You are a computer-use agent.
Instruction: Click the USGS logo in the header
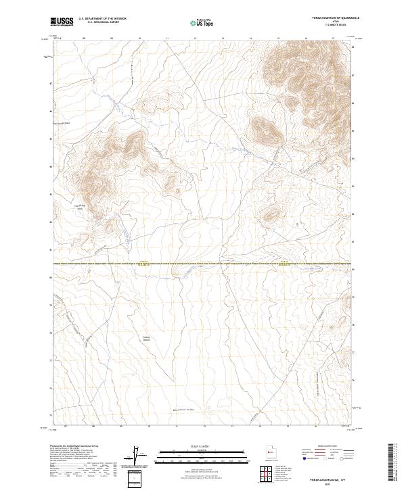coord(62,22)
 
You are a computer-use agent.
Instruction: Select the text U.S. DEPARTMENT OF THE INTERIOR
coord(102,19)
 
